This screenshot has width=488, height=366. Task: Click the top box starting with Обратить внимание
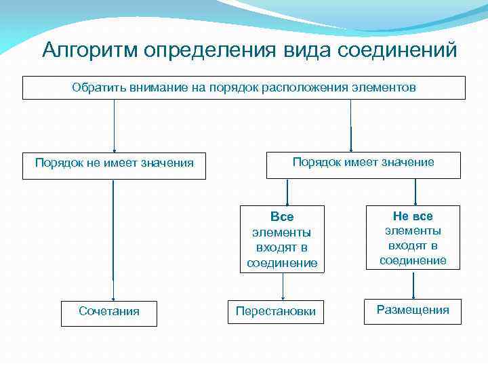[244, 87]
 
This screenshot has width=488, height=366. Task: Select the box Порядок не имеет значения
[114, 163]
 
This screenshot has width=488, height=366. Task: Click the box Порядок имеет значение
[363, 163]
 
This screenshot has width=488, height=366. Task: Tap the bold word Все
[282, 217]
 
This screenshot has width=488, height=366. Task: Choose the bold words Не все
[413, 216]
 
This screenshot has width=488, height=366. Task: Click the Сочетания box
[109, 311]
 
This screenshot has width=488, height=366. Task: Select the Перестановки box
[275, 311]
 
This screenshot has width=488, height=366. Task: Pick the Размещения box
[413, 310]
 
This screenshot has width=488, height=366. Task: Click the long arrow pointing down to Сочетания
[113, 237]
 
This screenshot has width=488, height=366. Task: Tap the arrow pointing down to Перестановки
[283, 286]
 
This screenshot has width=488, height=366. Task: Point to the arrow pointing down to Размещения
[413, 285]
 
